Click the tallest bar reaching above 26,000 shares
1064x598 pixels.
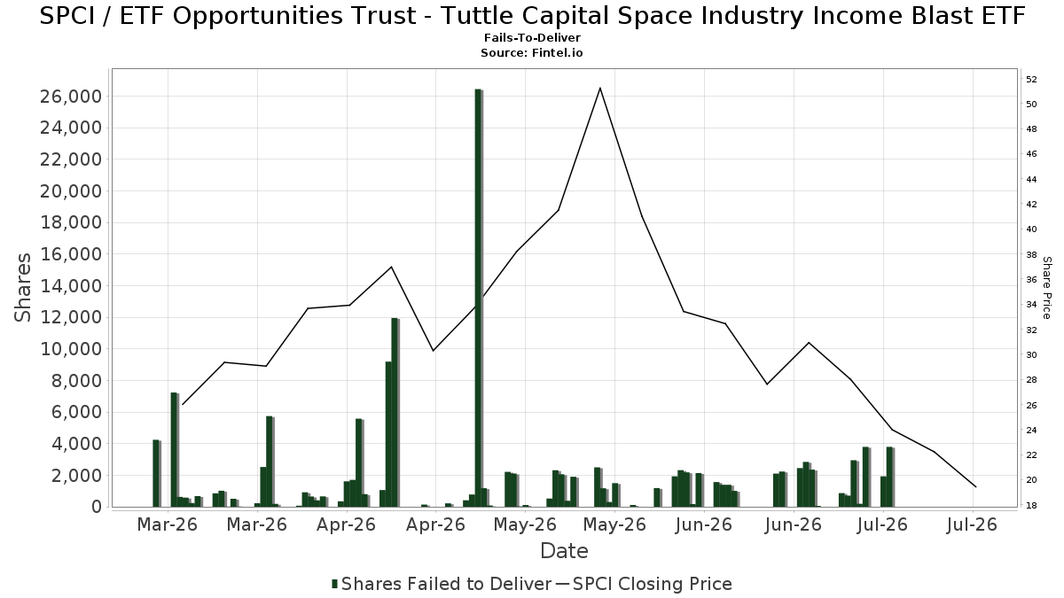[478, 298]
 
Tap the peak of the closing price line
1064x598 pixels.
[600, 88]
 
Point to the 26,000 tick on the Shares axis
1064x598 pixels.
[71, 97]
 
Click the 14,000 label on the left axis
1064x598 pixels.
[71, 285]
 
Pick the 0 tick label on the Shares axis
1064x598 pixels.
[97, 507]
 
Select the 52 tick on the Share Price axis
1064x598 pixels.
[1031, 79]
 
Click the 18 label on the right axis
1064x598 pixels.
[1031, 506]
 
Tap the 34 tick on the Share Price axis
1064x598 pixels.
[1031, 304]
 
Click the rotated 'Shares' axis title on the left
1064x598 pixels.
[22, 288]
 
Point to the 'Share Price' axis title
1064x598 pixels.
[1046, 288]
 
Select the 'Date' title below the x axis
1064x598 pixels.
[564, 551]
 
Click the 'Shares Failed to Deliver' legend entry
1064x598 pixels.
[442, 584]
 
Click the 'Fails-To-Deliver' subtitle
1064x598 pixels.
[532, 37]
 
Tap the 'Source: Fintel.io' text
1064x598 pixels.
[531, 52]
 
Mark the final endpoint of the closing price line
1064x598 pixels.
[975, 486]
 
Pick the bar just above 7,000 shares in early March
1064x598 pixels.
[175, 450]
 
